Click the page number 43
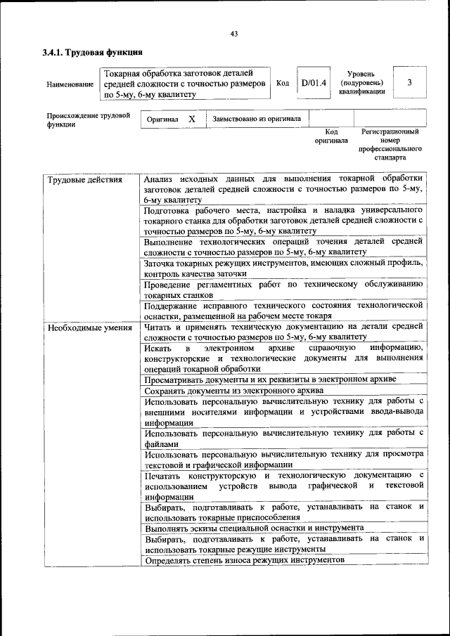234,34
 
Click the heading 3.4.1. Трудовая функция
93,52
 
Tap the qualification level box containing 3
409,83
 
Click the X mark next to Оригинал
192,119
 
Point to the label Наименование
70,84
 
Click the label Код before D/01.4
283,83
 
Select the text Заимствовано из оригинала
257,119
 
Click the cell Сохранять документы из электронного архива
233,390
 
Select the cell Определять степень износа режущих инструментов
244,560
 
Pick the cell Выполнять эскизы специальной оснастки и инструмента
254,526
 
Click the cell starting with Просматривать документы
270,379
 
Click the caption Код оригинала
331,136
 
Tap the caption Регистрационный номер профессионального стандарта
390,144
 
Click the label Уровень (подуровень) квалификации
365,83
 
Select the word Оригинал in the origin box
162,119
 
